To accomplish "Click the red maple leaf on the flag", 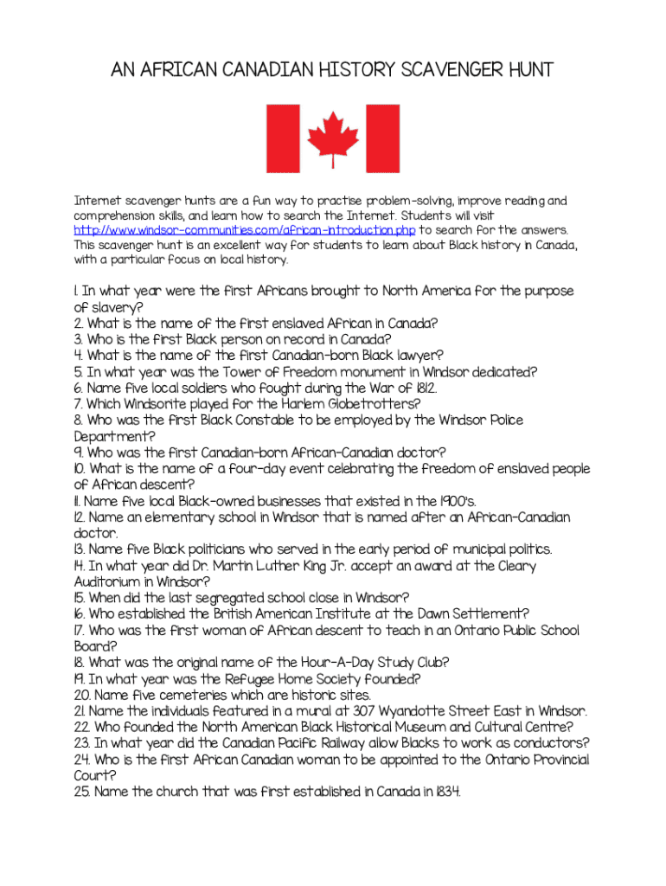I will [x=334, y=138].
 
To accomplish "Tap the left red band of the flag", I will [x=281, y=138].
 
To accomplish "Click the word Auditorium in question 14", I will [x=111, y=581].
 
